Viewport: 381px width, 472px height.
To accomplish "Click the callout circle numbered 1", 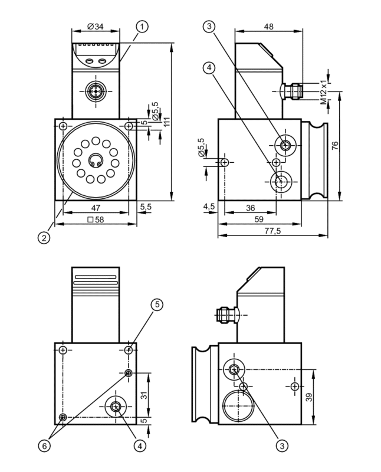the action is (142, 27).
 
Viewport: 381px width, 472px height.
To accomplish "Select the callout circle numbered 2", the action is (44, 238).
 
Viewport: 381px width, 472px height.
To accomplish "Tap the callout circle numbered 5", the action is (157, 304).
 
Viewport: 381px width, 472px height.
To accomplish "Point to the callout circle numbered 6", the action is (44, 446).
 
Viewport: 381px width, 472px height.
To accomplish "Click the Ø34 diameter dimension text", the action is (96, 27).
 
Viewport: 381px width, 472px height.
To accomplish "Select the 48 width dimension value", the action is (269, 27).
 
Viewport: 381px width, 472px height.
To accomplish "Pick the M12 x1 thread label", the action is (324, 92).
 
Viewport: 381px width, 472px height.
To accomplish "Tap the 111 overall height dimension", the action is (166, 122).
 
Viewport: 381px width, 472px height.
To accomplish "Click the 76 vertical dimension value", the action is (334, 145).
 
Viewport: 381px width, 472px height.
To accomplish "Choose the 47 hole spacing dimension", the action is (96, 208).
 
